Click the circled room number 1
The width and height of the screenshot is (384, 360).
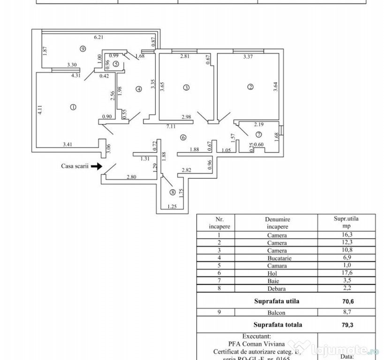point(73,107)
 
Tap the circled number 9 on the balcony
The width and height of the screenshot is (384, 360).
point(83,48)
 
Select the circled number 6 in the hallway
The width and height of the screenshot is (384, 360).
point(183,137)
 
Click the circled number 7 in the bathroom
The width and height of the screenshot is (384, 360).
point(252,134)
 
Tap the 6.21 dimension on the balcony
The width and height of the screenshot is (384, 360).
point(98,37)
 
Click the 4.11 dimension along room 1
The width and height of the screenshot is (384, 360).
point(40,110)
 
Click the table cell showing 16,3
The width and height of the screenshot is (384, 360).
point(346,235)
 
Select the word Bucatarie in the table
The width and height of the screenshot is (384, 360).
point(277,258)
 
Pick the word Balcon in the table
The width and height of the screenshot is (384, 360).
point(277,313)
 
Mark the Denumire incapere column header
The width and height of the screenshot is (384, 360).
point(277,223)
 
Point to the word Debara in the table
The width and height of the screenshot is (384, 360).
point(277,289)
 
